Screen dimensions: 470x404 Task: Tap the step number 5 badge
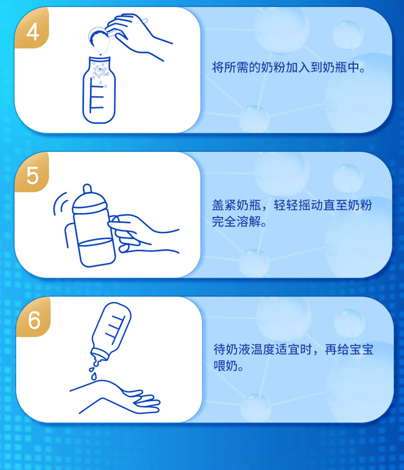[x=32, y=175]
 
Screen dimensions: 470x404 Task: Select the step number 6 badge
[x=34, y=320]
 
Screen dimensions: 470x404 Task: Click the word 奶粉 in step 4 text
[x=273, y=68]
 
